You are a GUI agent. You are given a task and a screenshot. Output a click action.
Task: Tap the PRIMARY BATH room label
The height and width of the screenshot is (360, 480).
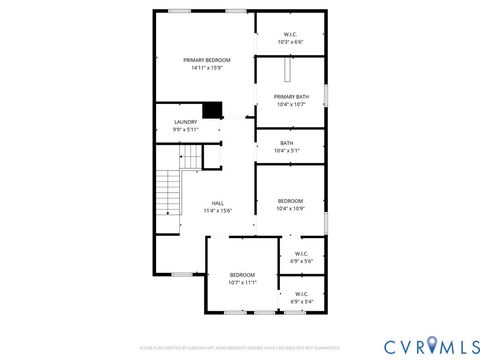coord(290,97)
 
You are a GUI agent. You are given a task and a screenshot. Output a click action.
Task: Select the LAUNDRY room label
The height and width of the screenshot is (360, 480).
coord(186,122)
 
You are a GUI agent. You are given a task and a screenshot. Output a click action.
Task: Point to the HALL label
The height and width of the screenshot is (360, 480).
coord(217,203)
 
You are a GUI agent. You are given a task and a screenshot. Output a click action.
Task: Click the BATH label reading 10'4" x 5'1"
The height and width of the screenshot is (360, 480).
coord(287,143)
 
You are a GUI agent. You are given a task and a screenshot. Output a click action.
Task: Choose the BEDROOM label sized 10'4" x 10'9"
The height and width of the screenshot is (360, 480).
coord(290,200)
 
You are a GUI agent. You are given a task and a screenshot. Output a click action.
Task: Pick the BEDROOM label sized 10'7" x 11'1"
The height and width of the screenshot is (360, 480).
coord(243,275)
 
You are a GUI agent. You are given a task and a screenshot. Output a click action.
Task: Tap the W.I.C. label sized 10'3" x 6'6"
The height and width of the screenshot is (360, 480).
coord(290,35)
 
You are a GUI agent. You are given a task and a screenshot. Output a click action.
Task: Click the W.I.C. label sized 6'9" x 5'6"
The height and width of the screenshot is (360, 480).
coord(301,253)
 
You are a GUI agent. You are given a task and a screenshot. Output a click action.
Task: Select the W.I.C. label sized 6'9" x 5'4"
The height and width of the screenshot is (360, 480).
coord(301,294)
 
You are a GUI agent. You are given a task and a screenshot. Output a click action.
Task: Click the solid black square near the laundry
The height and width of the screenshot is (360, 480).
coord(212,110)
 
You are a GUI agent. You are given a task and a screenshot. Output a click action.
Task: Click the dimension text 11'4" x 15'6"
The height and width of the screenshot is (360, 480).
coord(217,211)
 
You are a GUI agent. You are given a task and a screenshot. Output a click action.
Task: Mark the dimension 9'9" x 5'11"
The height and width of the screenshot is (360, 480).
coord(186,129)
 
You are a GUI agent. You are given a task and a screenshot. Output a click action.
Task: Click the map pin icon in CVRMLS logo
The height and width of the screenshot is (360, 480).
coord(432,345)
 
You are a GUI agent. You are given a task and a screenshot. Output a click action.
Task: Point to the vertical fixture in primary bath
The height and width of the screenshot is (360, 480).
coord(287,73)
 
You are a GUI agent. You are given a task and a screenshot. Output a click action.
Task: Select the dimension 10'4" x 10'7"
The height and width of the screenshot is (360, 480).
coord(290,104)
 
